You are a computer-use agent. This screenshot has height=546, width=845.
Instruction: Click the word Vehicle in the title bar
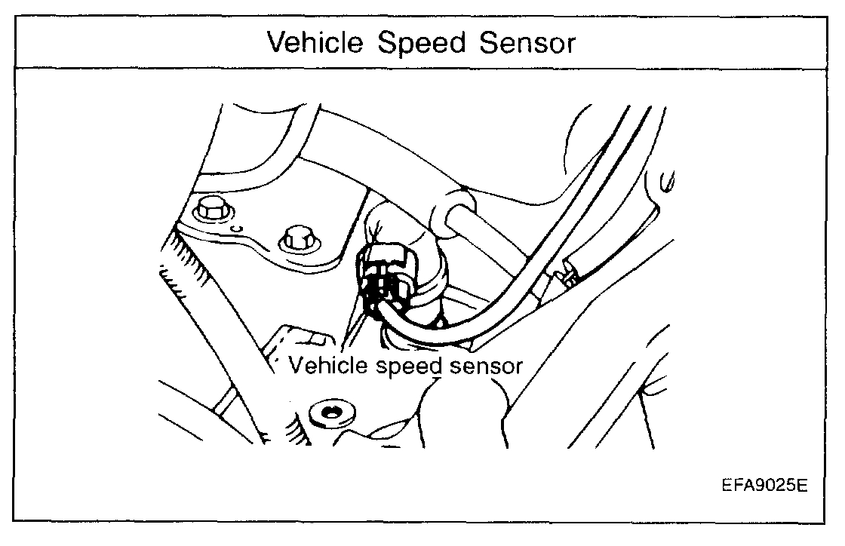pos(312,43)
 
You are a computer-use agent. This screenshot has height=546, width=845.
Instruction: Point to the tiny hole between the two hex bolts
pos(236,227)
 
